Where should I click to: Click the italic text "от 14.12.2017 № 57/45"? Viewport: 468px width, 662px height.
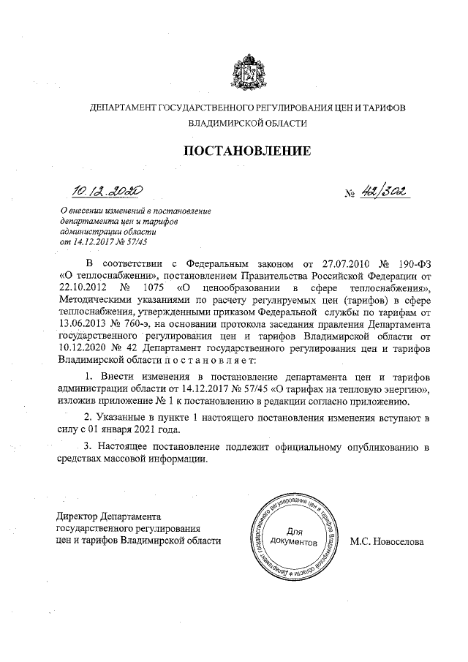106,241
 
